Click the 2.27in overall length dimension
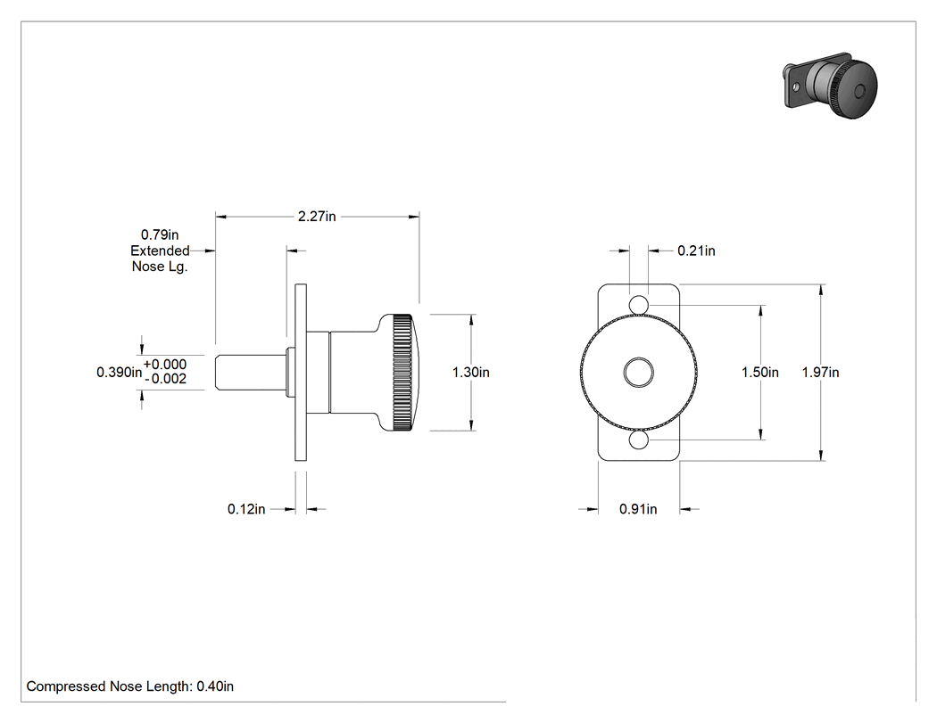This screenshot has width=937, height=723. [317, 216]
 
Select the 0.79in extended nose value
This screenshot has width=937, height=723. [160, 234]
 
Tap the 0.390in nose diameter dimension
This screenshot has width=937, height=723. [119, 372]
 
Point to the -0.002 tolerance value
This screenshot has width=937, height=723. [165, 379]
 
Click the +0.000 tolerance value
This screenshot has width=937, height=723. [165, 365]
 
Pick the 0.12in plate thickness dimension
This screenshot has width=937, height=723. [246, 509]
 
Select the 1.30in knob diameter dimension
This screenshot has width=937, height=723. [471, 372]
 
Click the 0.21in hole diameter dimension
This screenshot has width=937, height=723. [696, 251]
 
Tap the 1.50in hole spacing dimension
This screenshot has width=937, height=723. [760, 372]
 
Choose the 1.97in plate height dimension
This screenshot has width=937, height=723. [820, 372]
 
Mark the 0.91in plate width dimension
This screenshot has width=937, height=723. [638, 509]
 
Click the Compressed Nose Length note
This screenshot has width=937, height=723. [130, 686]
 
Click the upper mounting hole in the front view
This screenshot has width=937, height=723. [639, 305]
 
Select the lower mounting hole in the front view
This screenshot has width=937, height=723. [639, 440]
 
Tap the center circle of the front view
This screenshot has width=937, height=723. [639, 373]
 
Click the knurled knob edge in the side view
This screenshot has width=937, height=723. [402, 372]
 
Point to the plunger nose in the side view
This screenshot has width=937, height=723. [251, 373]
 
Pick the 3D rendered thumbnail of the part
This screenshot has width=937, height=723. [830, 86]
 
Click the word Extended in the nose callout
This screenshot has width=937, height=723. [160, 251]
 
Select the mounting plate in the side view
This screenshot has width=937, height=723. [301, 372]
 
